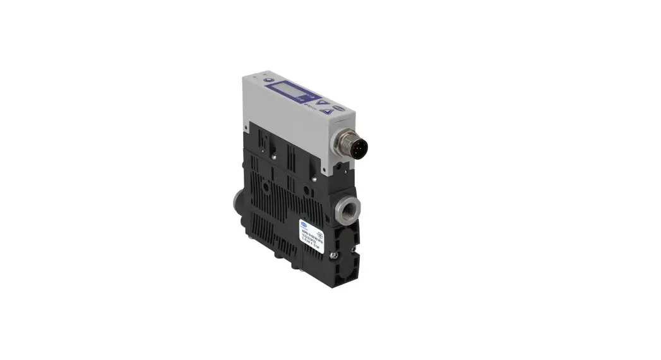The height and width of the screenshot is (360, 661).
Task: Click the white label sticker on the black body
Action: pyautogui.click(x=313, y=234)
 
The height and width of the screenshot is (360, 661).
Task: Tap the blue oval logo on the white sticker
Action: pyautogui.click(x=304, y=222)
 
